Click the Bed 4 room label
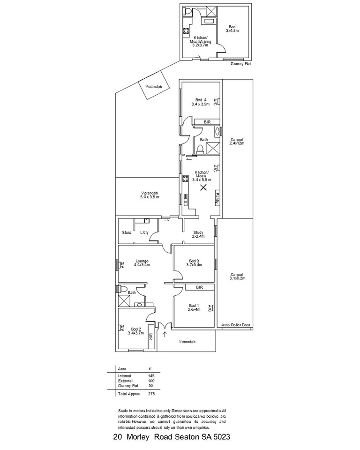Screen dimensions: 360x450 (200, 102)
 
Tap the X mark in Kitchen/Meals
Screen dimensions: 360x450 (203, 188)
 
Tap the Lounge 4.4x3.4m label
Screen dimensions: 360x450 (141, 262)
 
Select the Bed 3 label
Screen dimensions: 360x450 (195, 262)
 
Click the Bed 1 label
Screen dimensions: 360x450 (194, 307)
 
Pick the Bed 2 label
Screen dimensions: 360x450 (136, 331)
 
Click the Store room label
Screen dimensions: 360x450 (127, 232)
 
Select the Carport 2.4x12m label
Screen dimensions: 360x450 (237, 141)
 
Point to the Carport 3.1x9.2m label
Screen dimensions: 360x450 (238, 276)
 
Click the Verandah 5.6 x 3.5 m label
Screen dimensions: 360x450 (150, 195)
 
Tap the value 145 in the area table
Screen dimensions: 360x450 (150, 375)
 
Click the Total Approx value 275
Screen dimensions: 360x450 (150, 394)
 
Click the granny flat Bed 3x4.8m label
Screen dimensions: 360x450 (232, 29)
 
